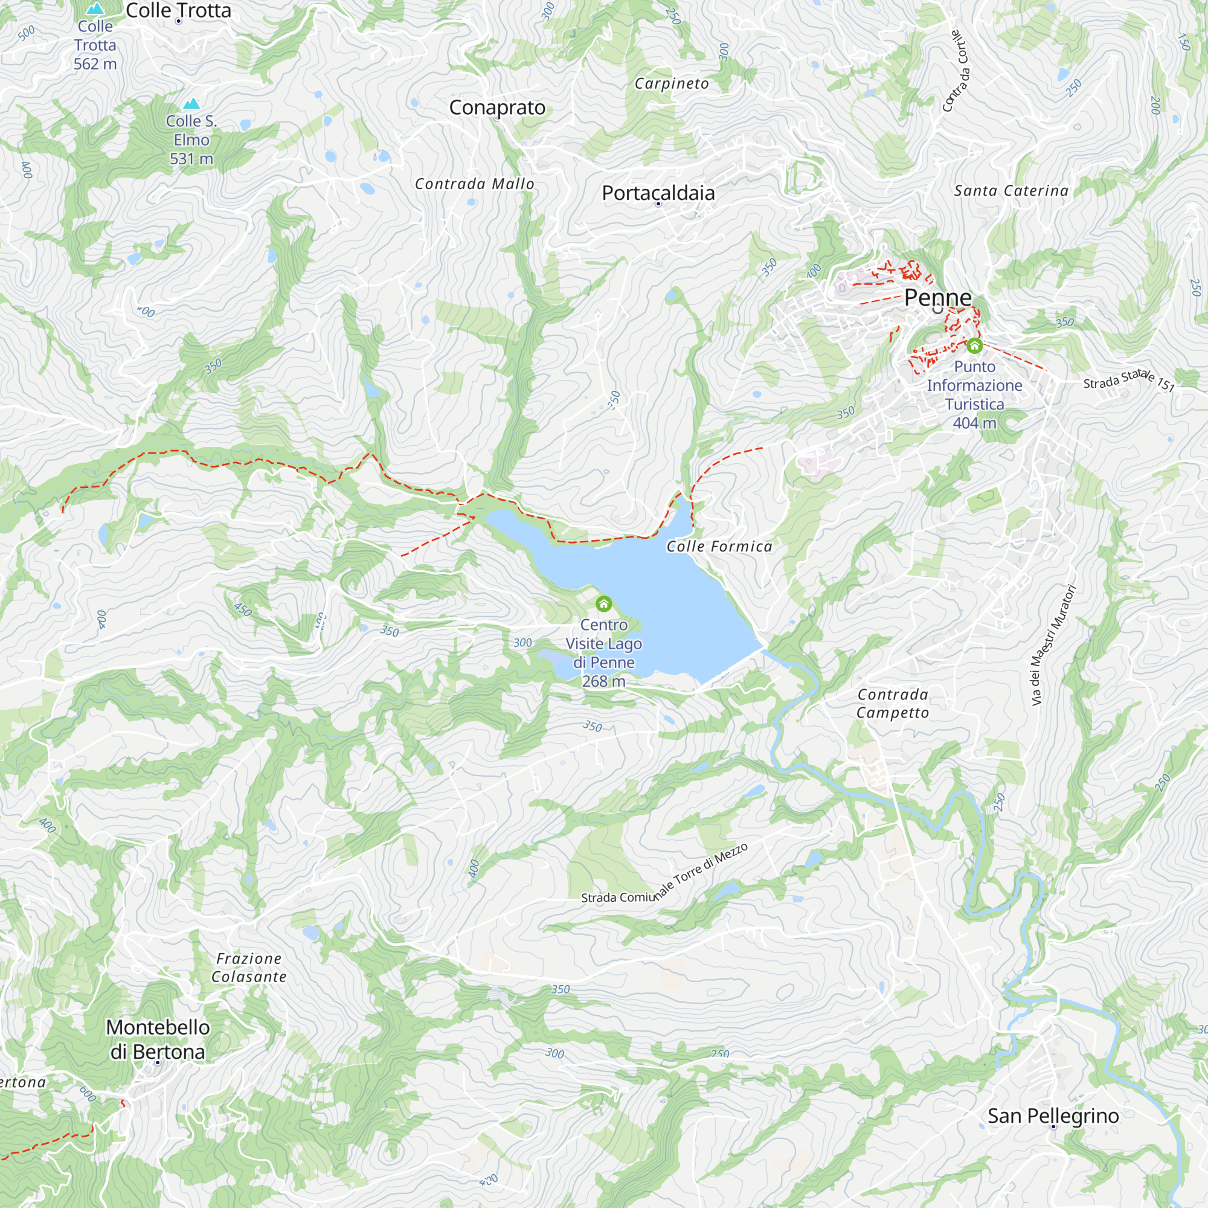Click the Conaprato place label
tap(497, 108)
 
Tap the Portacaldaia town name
tap(658, 193)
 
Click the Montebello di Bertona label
tap(158, 1039)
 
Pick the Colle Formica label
tap(719, 547)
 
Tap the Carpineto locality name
tap(672, 84)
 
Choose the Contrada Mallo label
tap(475, 184)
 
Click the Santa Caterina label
tap(1011, 191)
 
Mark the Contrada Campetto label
tap(892, 704)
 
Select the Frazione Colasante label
tap(249, 967)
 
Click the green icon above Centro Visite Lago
tap(603, 604)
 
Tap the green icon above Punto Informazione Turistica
tap(974, 345)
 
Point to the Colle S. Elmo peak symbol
tap(191, 104)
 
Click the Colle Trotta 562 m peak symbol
tap(95, 8)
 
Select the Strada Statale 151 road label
tap(1129, 379)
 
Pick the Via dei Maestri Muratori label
tap(1053, 645)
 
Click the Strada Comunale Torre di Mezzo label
tap(664, 875)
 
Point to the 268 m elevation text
tap(603, 681)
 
